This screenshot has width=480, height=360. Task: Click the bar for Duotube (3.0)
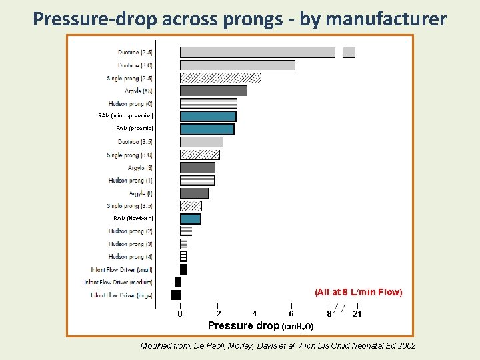click(x=237, y=65)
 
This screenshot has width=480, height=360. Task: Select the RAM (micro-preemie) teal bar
click(x=208, y=116)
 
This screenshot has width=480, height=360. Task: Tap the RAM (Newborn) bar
click(x=191, y=219)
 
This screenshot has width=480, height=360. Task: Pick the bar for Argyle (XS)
click(x=213, y=91)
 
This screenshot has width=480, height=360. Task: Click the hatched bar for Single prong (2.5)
click(x=220, y=78)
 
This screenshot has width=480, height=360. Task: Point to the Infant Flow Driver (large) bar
click(x=176, y=295)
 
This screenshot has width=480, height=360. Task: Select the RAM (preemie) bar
click(x=207, y=129)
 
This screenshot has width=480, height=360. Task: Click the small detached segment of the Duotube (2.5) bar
click(x=349, y=53)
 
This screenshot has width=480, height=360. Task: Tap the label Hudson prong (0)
click(x=131, y=103)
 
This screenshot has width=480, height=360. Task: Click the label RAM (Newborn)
click(x=133, y=218)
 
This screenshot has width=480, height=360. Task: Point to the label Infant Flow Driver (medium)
click(x=119, y=282)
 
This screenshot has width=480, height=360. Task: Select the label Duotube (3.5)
click(x=135, y=142)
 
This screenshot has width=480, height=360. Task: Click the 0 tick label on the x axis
click(x=180, y=314)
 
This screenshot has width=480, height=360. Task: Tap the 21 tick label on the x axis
click(x=357, y=314)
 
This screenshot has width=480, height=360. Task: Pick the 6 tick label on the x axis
click(x=291, y=314)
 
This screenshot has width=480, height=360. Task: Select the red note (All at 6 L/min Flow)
click(x=359, y=293)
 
